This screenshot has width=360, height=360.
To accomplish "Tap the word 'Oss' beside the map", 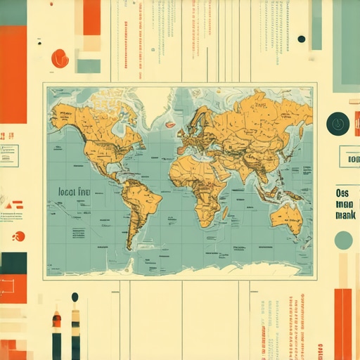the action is click(x=342, y=193).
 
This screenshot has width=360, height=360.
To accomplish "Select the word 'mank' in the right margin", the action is click(x=345, y=215).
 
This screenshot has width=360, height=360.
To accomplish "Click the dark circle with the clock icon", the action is click(x=337, y=124).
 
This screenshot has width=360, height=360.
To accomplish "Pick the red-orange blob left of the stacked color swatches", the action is click(x=60, y=58).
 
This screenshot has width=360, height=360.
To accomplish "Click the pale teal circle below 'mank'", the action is click(x=343, y=240).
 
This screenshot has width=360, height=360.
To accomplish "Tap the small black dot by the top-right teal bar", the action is click(x=302, y=39).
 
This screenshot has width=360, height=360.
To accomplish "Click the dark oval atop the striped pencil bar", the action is click(x=75, y=297).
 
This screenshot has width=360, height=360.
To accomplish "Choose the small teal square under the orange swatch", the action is click(x=89, y=65).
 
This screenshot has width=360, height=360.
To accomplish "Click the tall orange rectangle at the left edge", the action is click(x=13, y=74).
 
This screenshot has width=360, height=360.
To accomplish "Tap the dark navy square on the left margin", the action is click(x=13, y=263).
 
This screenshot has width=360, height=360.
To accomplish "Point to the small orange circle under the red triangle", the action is click(x=19, y=236).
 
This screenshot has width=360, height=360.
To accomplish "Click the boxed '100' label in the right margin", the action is click(x=349, y=159).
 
